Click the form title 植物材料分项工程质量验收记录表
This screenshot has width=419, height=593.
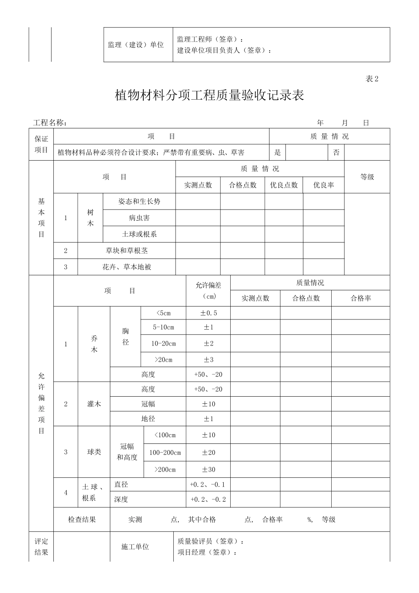pos(209,96)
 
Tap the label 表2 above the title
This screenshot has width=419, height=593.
pos(372,79)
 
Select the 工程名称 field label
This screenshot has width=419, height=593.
pos(50,123)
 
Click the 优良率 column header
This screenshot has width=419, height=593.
pos(323,185)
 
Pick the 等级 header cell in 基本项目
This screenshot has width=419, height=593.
pos(367,177)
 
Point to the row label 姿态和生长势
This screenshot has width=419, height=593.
pos(139,202)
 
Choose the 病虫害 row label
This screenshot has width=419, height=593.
pos(139,218)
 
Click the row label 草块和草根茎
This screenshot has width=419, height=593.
pos(127,251)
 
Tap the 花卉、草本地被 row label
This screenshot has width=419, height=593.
pos(127,267)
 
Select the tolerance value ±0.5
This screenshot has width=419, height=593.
pos(209,313)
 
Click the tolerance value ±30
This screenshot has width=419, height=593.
pos(209,469)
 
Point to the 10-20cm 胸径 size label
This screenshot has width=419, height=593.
pos(163,343)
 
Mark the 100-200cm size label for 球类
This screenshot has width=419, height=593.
pos(165,453)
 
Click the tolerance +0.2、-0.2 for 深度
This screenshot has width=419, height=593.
pos(208,499)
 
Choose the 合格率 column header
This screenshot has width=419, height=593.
pos(360,298)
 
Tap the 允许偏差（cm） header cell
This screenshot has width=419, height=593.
pos(208,291)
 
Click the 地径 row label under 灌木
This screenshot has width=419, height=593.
pos(148,419)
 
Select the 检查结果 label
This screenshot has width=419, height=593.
pos(82,520)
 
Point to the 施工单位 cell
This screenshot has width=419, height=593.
pos(135,547)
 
